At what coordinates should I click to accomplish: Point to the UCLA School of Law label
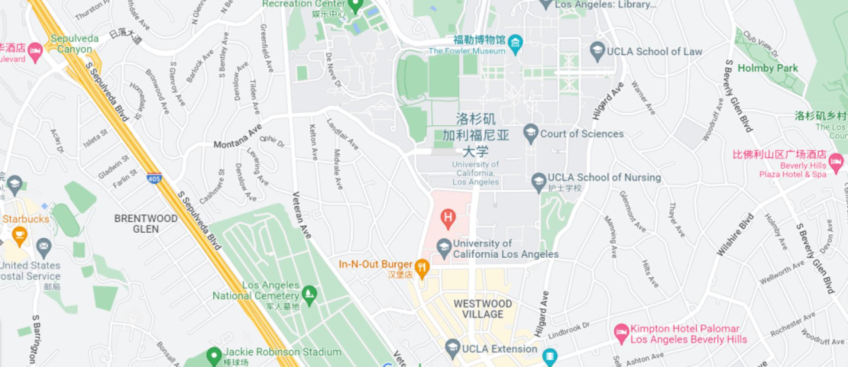click(x=654, y=52)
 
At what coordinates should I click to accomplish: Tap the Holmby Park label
click(x=768, y=68)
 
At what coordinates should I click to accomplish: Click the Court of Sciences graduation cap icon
click(x=530, y=133)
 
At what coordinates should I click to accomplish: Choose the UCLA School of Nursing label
click(x=604, y=178)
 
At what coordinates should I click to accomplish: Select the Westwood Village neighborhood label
click(x=483, y=309)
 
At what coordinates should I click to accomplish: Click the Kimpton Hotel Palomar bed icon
click(x=621, y=332)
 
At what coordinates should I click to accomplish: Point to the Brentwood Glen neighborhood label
click(x=146, y=223)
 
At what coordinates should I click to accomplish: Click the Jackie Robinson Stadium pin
click(x=214, y=355)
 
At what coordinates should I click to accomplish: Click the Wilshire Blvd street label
click(x=736, y=235)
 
